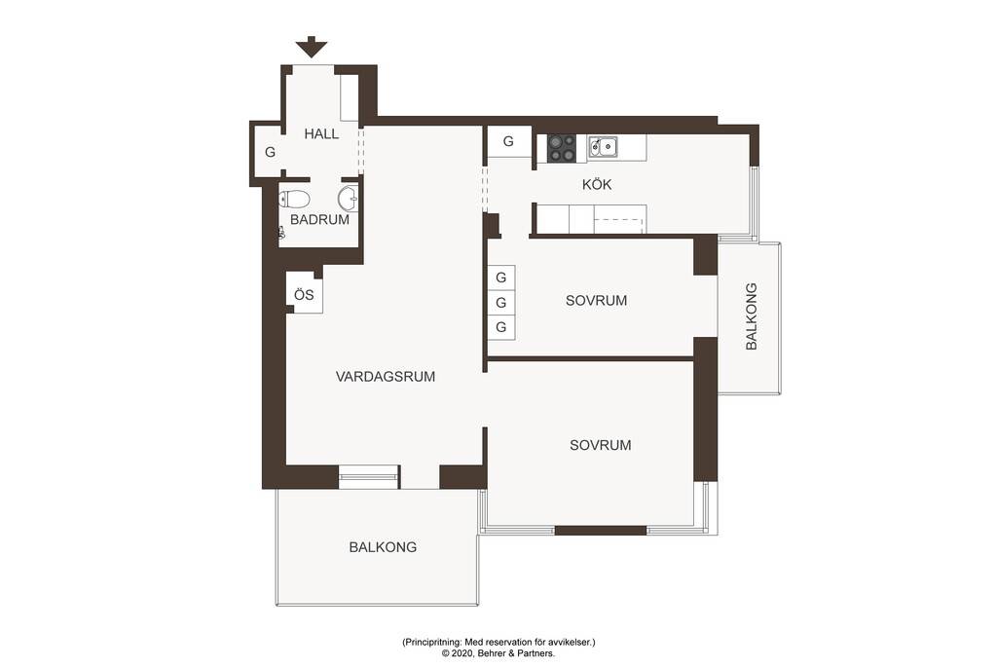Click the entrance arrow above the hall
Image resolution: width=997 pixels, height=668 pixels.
pyautogui.click(x=312, y=48)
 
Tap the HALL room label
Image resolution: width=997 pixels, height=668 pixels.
pyautogui.click(x=321, y=133)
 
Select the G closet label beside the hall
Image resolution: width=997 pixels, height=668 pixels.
pyautogui.click(x=271, y=153)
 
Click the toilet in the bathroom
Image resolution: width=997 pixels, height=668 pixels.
pyautogui.click(x=294, y=199)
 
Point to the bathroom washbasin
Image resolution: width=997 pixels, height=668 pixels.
pyautogui.click(x=348, y=199)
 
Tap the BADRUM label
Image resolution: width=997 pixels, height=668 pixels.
pyautogui.click(x=319, y=220)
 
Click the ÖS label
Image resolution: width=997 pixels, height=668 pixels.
pyautogui.click(x=304, y=294)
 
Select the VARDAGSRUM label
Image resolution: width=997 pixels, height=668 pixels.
pyautogui.click(x=386, y=377)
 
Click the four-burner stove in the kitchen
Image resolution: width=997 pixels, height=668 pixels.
pyautogui.click(x=562, y=148)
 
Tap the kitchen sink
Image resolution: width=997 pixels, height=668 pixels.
pyautogui.click(x=602, y=146)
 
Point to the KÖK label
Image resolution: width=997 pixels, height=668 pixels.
pyautogui.click(x=597, y=184)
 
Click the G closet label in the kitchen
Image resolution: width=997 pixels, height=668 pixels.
pyautogui.click(x=508, y=141)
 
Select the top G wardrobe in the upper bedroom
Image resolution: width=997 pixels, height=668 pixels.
pyautogui.click(x=501, y=278)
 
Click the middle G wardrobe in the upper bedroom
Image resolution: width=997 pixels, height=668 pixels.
pyautogui.click(x=501, y=302)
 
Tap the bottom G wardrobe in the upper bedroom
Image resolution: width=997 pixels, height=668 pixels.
pyautogui.click(x=501, y=327)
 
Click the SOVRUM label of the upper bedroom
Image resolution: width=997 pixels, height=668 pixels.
pyautogui.click(x=597, y=300)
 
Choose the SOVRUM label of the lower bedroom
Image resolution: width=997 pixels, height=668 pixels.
pyautogui.click(x=600, y=445)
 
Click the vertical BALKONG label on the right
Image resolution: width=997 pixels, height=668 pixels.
pyautogui.click(x=751, y=316)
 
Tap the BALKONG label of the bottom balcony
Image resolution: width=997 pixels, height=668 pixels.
pyautogui.click(x=383, y=547)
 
